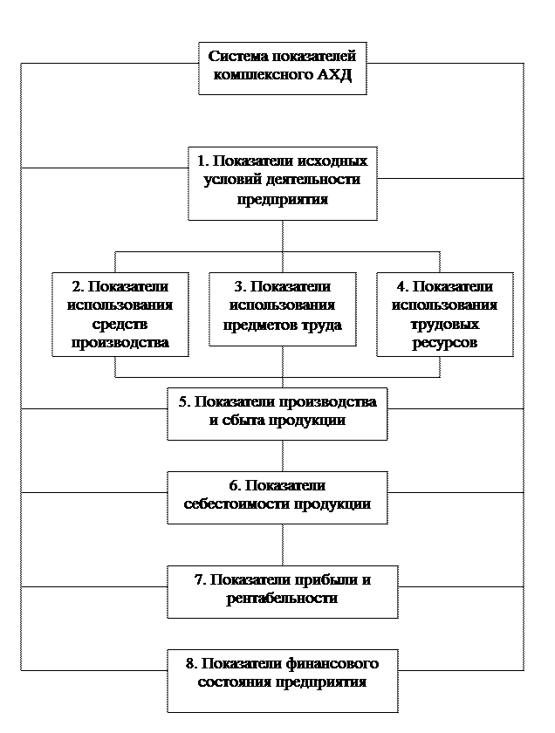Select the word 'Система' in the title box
[x=236, y=57]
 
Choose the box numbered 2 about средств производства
[x=120, y=314]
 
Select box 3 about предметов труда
[x=282, y=307]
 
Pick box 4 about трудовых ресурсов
[x=444, y=314]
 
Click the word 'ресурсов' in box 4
[x=444, y=343]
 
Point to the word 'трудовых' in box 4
[x=444, y=324]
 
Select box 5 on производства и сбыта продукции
[x=277, y=412]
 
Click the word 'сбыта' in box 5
[x=241, y=421]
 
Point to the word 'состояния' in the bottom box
[x=231, y=682]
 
